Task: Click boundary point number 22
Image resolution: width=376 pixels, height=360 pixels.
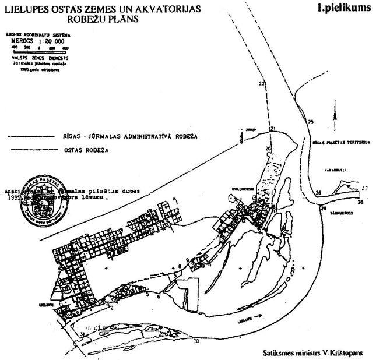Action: click(261, 84)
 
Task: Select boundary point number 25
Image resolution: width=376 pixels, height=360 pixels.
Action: click(310, 122)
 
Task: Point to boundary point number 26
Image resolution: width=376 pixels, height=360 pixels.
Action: click(318, 192)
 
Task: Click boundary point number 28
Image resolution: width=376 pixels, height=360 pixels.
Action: click(360, 202)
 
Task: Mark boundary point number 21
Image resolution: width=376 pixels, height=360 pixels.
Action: click(272, 129)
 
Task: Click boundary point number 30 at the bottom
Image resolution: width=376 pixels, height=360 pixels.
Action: click(196, 341)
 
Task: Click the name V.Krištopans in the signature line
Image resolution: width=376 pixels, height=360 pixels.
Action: click(343, 352)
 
